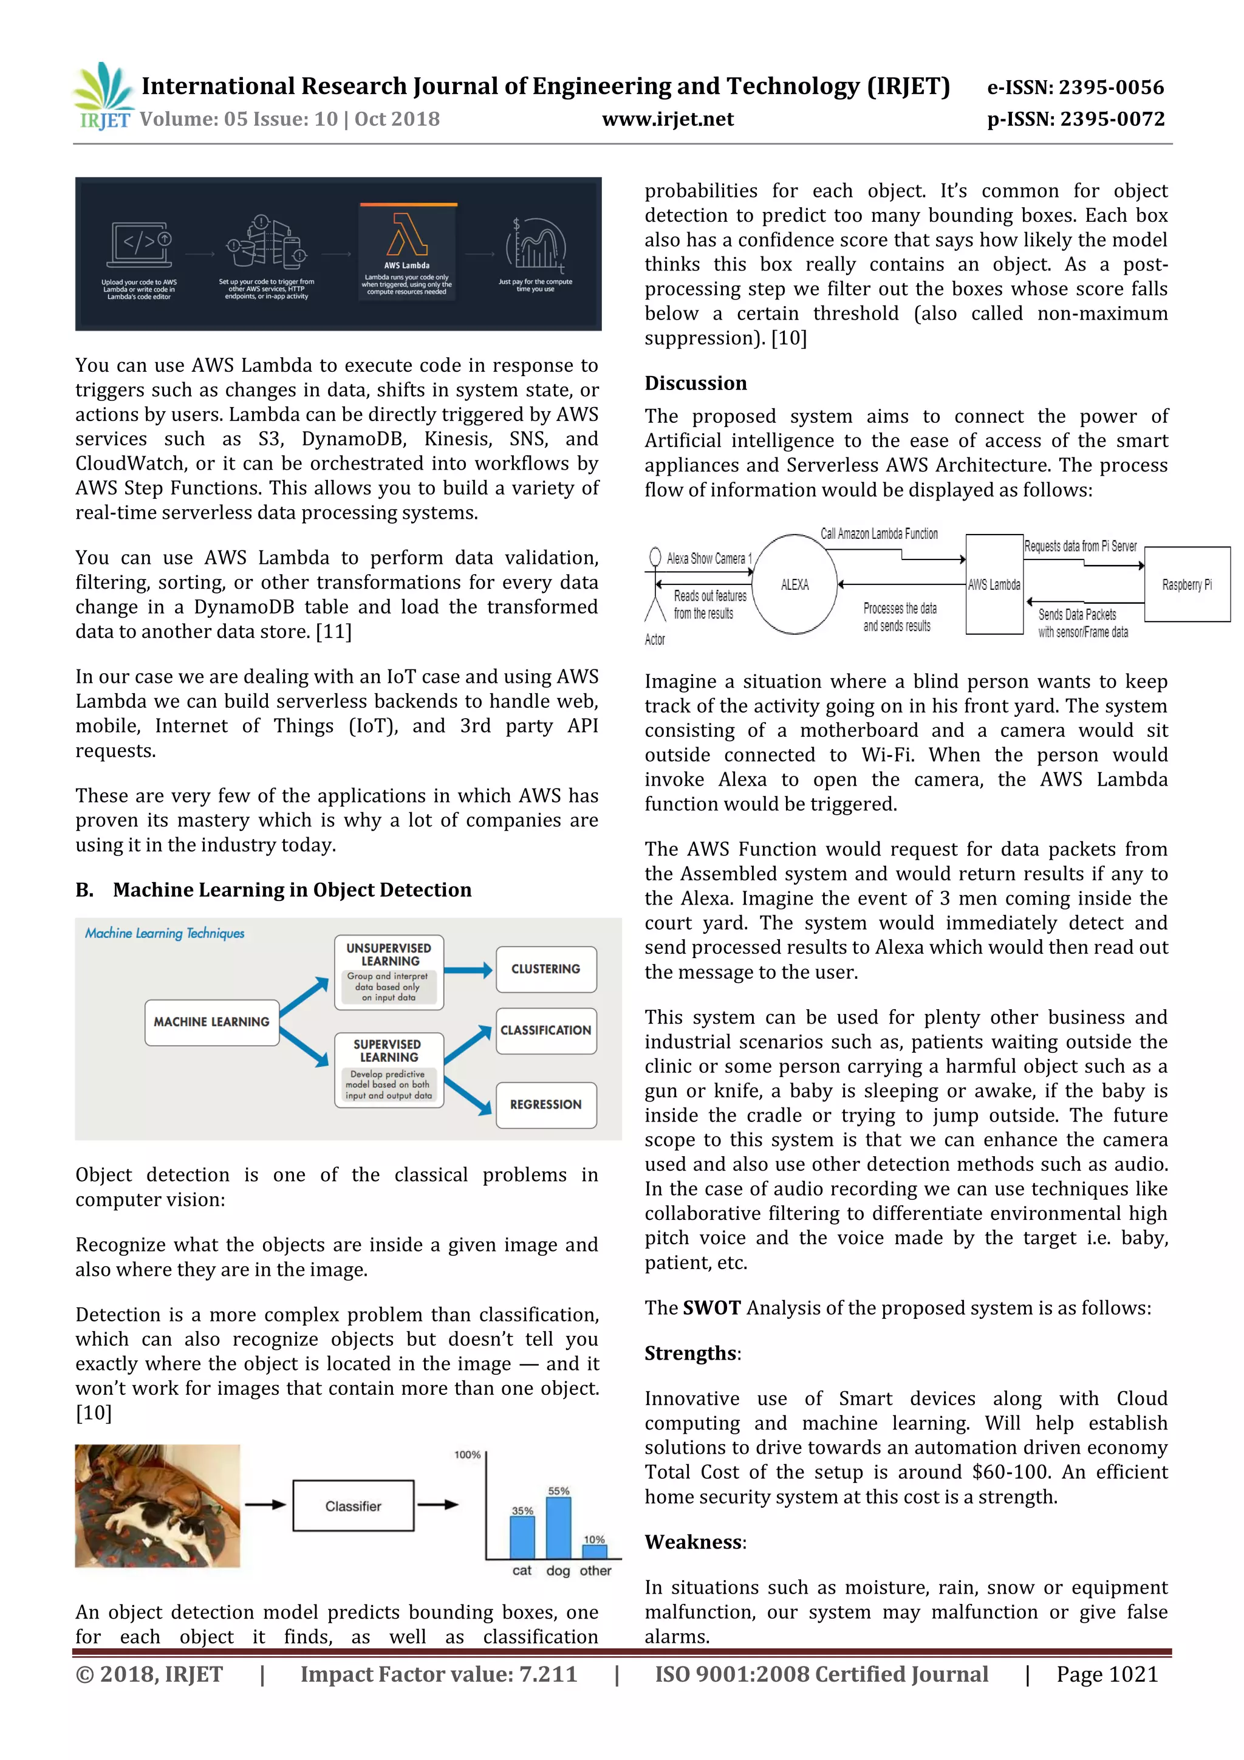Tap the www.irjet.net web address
668,120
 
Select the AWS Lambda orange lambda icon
407,234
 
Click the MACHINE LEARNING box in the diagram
211,1022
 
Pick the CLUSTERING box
545,969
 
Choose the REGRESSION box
545,1104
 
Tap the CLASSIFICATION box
545,1030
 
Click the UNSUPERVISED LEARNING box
389,971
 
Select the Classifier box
354,1506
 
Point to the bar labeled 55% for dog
558,1528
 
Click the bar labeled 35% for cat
523,1538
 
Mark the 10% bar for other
594,1552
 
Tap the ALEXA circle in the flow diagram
795,585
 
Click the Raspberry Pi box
1186,585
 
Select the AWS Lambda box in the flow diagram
994,585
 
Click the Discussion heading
695,383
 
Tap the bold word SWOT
711,1308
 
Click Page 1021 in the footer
1107,1674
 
